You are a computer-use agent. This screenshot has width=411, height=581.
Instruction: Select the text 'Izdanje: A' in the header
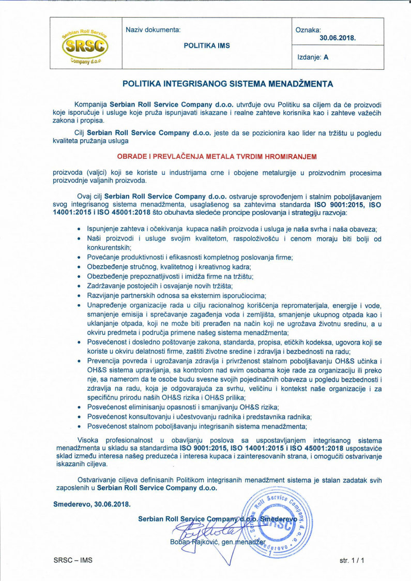tap(313, 58)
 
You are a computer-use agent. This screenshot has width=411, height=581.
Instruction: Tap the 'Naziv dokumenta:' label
tap(153, 29)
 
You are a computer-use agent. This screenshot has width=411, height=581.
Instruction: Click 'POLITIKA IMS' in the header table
tap(207, 46)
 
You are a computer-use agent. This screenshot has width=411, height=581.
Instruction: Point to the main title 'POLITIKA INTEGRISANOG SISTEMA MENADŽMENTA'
tap(227, 83)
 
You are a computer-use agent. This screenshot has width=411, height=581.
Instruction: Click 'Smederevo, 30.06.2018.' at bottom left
tap(92, 503)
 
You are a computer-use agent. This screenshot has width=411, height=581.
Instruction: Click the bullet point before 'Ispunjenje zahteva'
tap(78, 229)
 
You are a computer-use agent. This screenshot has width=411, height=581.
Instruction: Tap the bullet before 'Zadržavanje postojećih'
tap(78, 286)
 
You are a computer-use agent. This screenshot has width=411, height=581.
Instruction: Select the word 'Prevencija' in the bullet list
tap(103, 361)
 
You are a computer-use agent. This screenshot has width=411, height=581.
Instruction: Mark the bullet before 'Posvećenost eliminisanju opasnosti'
tap(78, 408)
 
